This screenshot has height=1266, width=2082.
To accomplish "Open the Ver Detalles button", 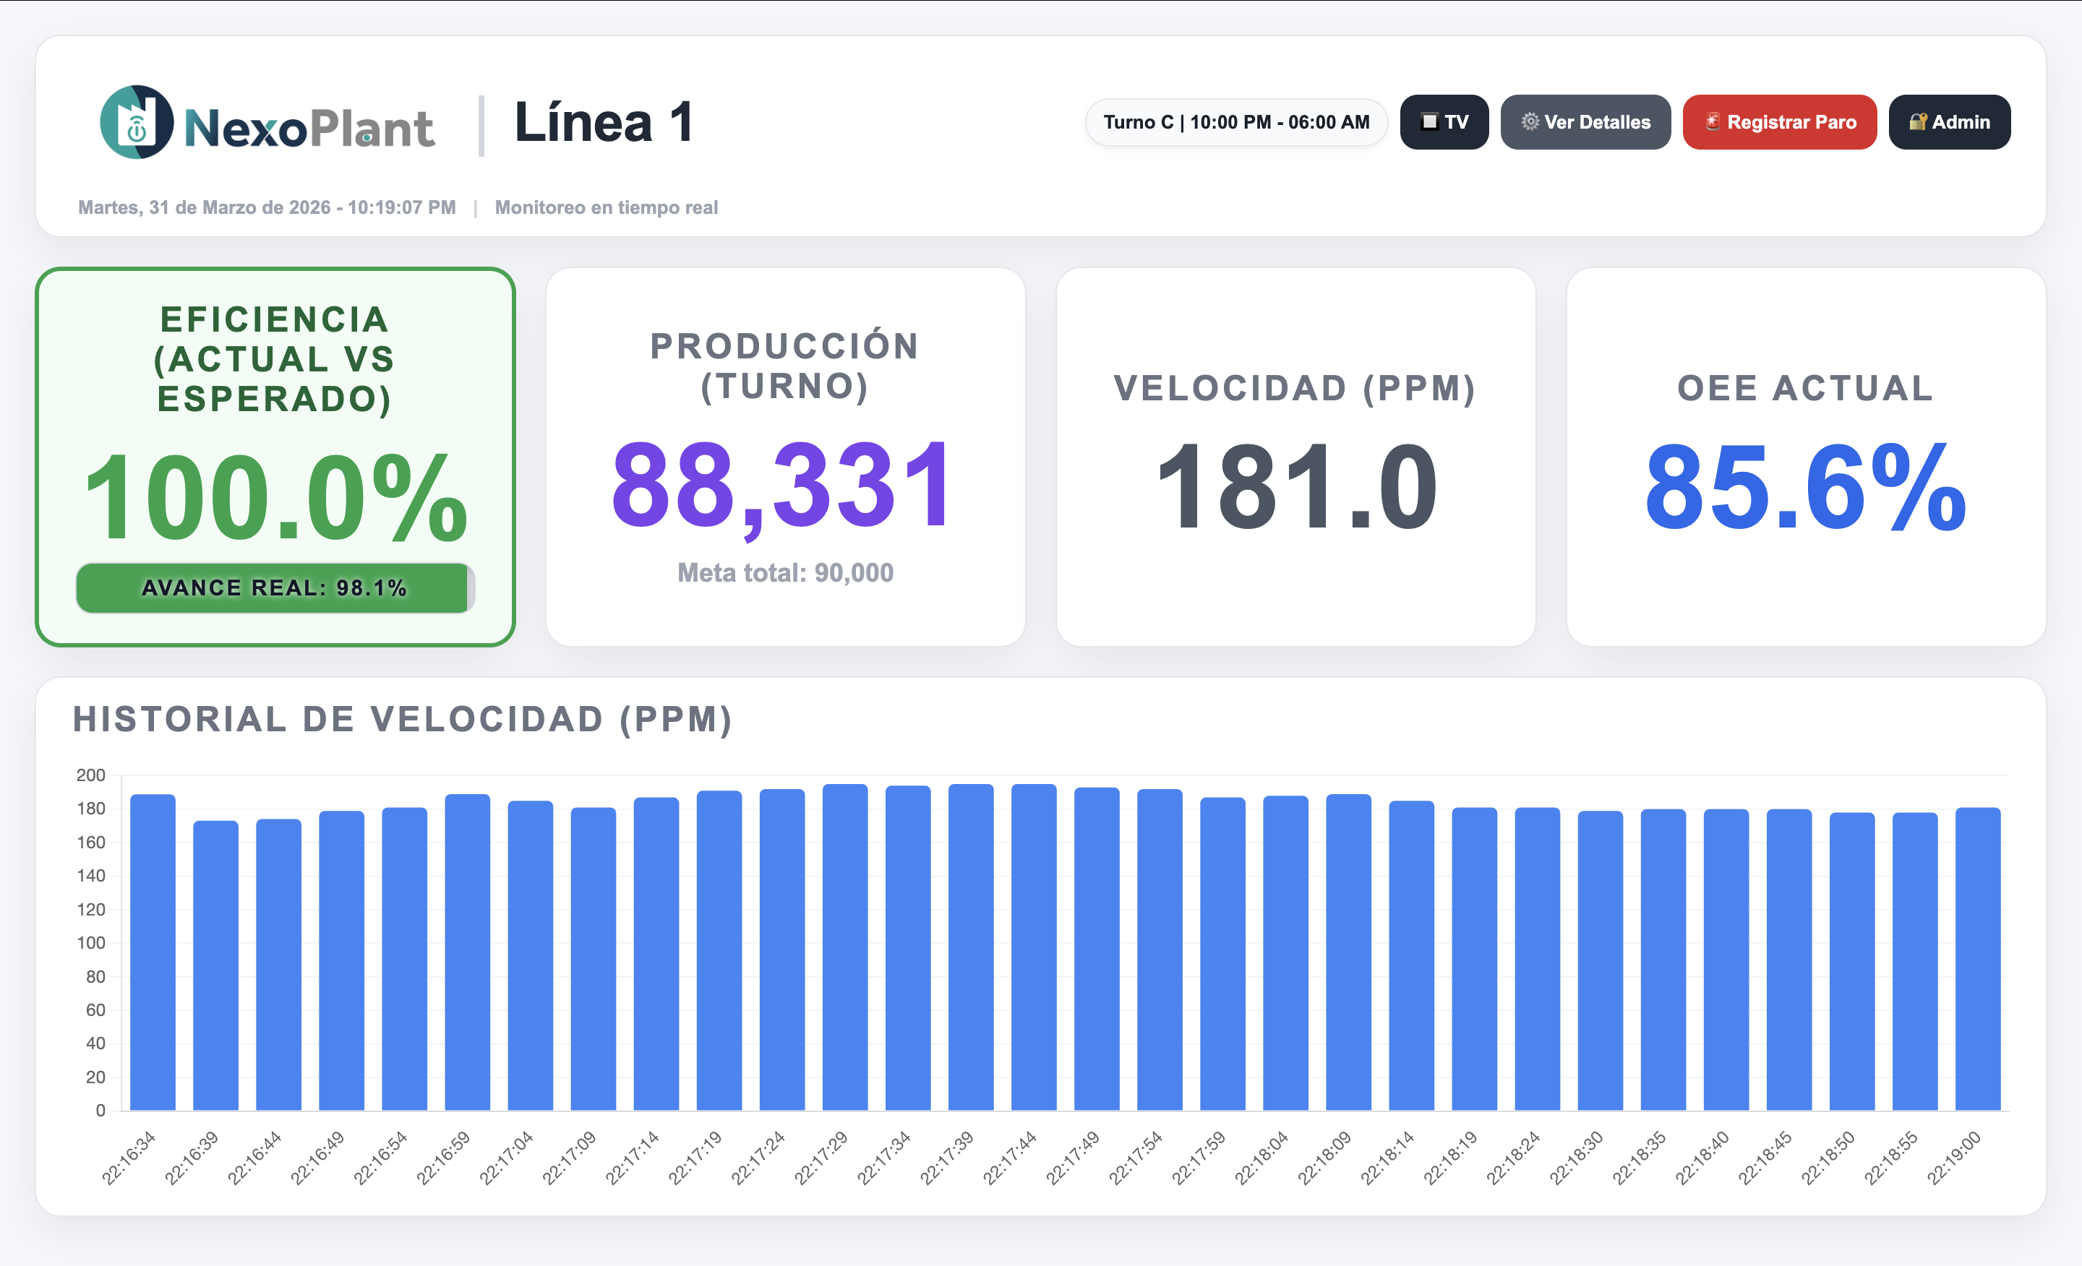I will pos(1585,122).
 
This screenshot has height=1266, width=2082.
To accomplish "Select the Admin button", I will pos(1948,122).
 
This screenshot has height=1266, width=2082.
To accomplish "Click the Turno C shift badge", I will pos(1235,122).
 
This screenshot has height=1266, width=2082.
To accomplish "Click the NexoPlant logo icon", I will pos(137,122).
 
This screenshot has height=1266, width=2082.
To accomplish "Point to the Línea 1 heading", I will pos(604,122).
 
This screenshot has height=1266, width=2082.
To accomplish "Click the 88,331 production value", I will pos(784,487).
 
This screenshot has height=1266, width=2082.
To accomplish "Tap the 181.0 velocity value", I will pos(1295,487).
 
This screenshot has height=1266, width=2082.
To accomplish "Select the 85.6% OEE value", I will pos(1806,487).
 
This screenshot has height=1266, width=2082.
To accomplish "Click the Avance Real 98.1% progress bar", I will pos(275,587).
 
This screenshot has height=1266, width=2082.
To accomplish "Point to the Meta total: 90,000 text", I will pos(785,572).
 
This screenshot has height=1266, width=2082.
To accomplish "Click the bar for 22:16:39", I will pos(215,965).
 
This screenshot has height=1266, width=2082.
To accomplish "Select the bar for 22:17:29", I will pos(845,947).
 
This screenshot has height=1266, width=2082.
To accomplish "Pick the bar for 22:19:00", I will pos(1977,959).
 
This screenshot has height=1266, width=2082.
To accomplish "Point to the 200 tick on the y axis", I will pos(91,775).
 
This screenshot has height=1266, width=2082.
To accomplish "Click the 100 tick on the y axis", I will pos(91,942).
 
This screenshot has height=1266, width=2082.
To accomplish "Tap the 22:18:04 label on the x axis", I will pos(1261,1157).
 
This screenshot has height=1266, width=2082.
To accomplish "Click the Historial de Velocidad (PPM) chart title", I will pos(402,720).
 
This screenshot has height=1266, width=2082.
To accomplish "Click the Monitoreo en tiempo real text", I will pos(606,208).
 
